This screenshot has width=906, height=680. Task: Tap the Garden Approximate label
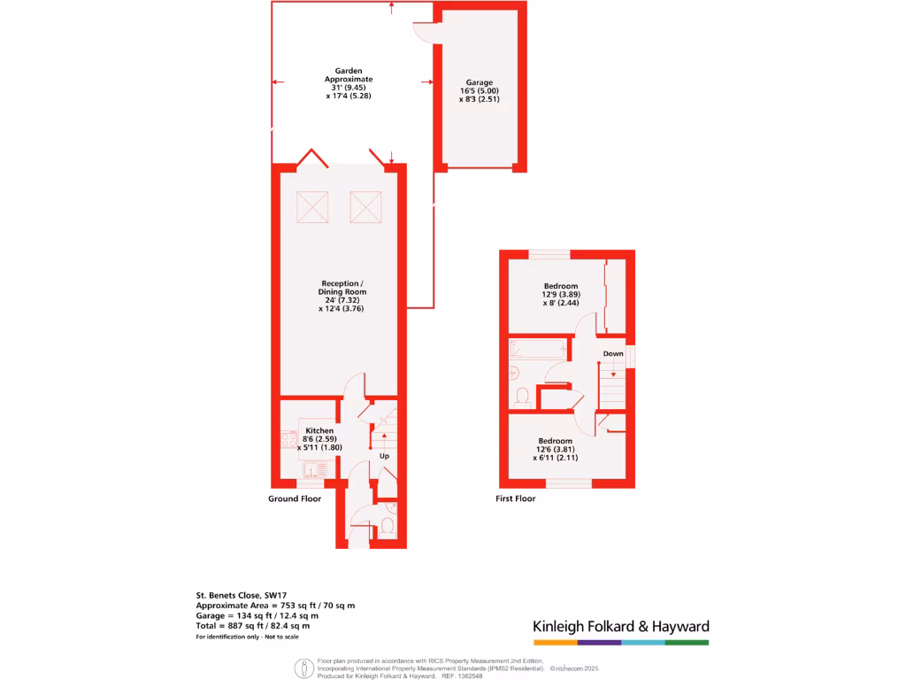pyautogui.click(x=348, y=82)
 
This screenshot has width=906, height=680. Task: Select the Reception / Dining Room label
pyautogui.click(x=342, y=296)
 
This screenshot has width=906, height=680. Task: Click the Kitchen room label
pyautogui.click(x=319, y=438)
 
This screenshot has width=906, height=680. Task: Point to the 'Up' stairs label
pyautogui.click(x=385, y=456)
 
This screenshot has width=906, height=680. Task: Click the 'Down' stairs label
pyautogui.click(x=613, y=353)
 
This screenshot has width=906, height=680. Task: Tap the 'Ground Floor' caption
pyautogui.click(x=295, y=498)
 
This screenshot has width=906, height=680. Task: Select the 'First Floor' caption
pyautogui.click(x=516, y=498)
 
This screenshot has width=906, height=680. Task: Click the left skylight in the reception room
pyautogui.click(x=311, y=206)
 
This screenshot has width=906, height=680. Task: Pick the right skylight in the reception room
pyautogui.click(x=365, y=206)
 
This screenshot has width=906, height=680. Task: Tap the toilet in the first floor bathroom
pyautogui.click(x=522, y=395)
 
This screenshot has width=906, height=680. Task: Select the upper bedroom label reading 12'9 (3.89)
pyautogui.click(x=560, y=294)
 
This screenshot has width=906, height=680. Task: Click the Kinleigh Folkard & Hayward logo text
pyautogui.click(x=620, y=626)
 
